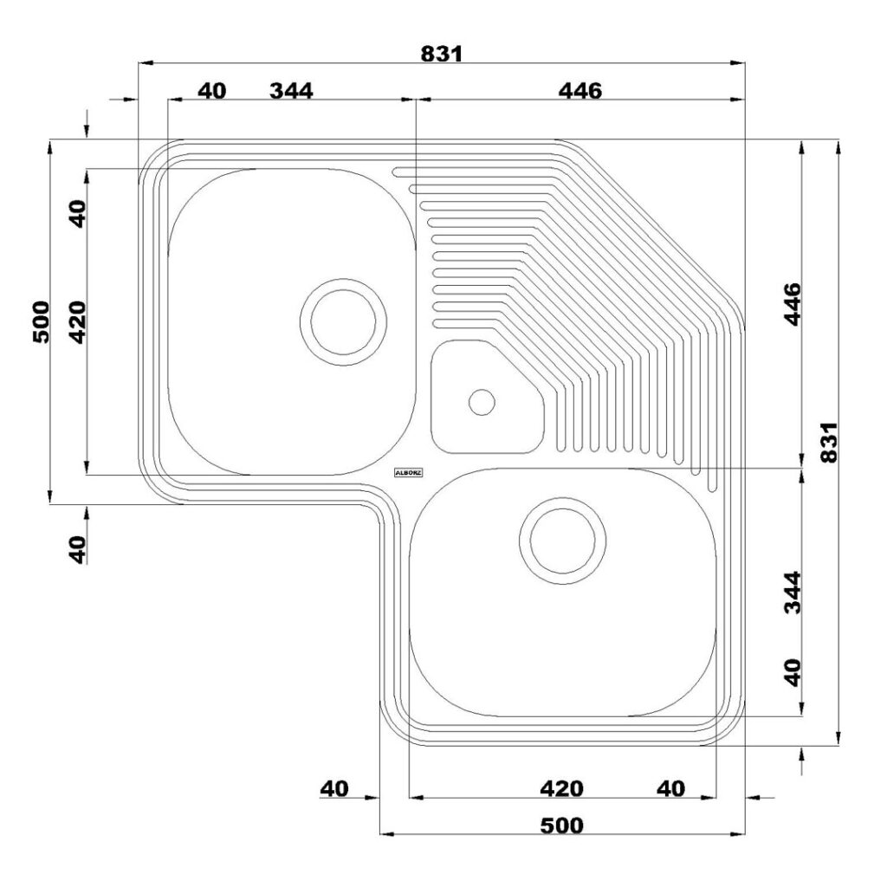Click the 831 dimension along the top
click(x=442, y=54)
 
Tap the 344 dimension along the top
click(x=291, y=90)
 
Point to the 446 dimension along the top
click(x=580, y=90)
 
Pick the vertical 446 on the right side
click(x=793, y=304)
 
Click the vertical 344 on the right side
click(x=793, y=592)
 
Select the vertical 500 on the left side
click(x=42, y=322)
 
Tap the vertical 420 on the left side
click(x=77, y=322)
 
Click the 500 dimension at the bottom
click(x=561, y=825)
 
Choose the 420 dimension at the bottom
click(x=561, y=788)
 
